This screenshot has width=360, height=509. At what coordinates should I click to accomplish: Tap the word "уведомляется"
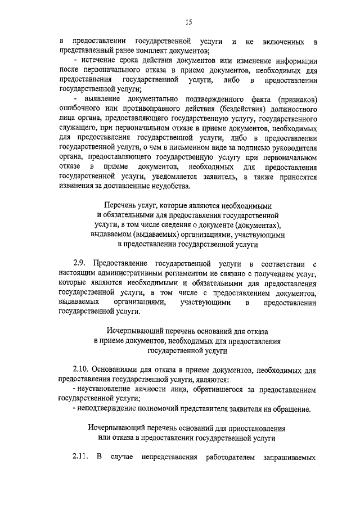tap(179, 177)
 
